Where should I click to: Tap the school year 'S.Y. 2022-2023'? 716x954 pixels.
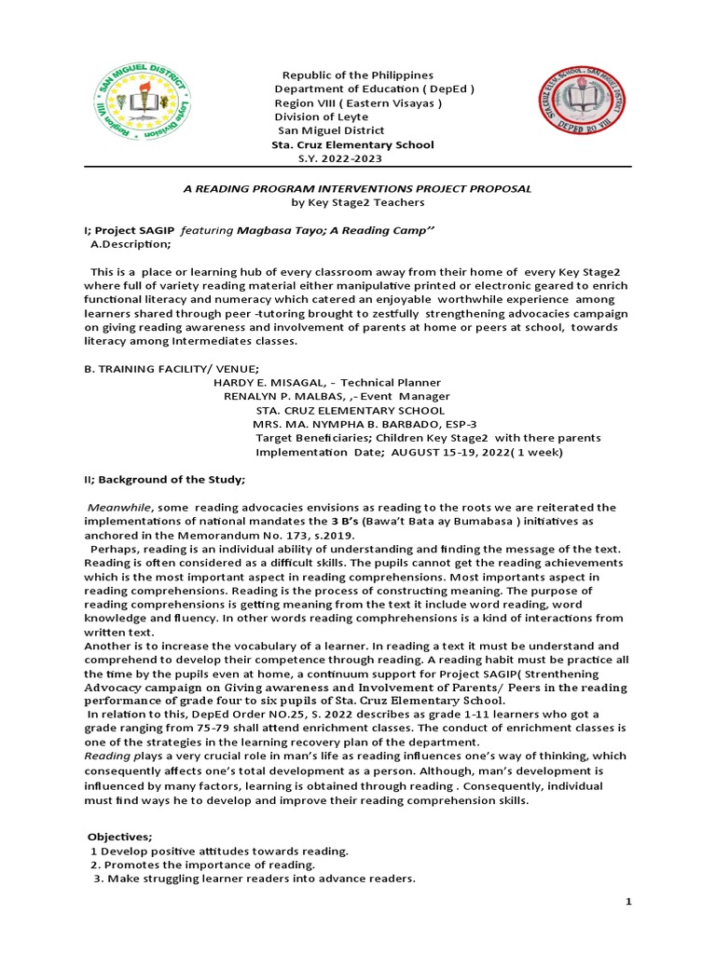(333, 159)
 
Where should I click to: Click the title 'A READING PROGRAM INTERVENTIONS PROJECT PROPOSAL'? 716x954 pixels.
(357, 188)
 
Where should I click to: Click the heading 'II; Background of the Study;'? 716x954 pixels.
(164, 480)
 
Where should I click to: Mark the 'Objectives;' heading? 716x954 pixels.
(119, 837)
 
